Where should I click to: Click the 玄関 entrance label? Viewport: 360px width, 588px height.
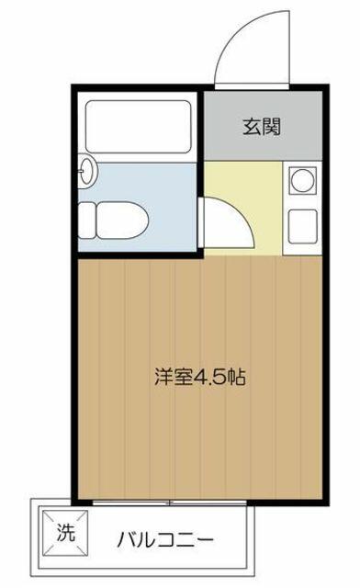point(262,127)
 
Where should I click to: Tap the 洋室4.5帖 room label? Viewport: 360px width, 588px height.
point(200,378)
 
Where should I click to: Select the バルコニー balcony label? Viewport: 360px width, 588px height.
point(165,540)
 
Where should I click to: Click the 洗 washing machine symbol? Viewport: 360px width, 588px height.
point(65,533)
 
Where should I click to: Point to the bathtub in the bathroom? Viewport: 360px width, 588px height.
point(139,127)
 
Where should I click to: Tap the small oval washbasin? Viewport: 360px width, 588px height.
point(87,171)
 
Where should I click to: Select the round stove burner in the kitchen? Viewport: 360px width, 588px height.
point(303,180)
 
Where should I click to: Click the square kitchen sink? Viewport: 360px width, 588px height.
point(303,226)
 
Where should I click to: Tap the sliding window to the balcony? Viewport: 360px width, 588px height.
point(169,503)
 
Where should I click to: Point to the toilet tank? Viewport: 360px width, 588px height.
point(86,220)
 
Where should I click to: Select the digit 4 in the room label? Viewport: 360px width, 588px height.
point(199,378)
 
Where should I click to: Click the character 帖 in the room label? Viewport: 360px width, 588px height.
point(237,378)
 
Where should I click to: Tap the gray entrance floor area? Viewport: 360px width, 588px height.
point(263,126)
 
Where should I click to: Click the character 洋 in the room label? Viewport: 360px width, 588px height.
point(163,378)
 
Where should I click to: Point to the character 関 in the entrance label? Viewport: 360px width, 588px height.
point(272,127)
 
